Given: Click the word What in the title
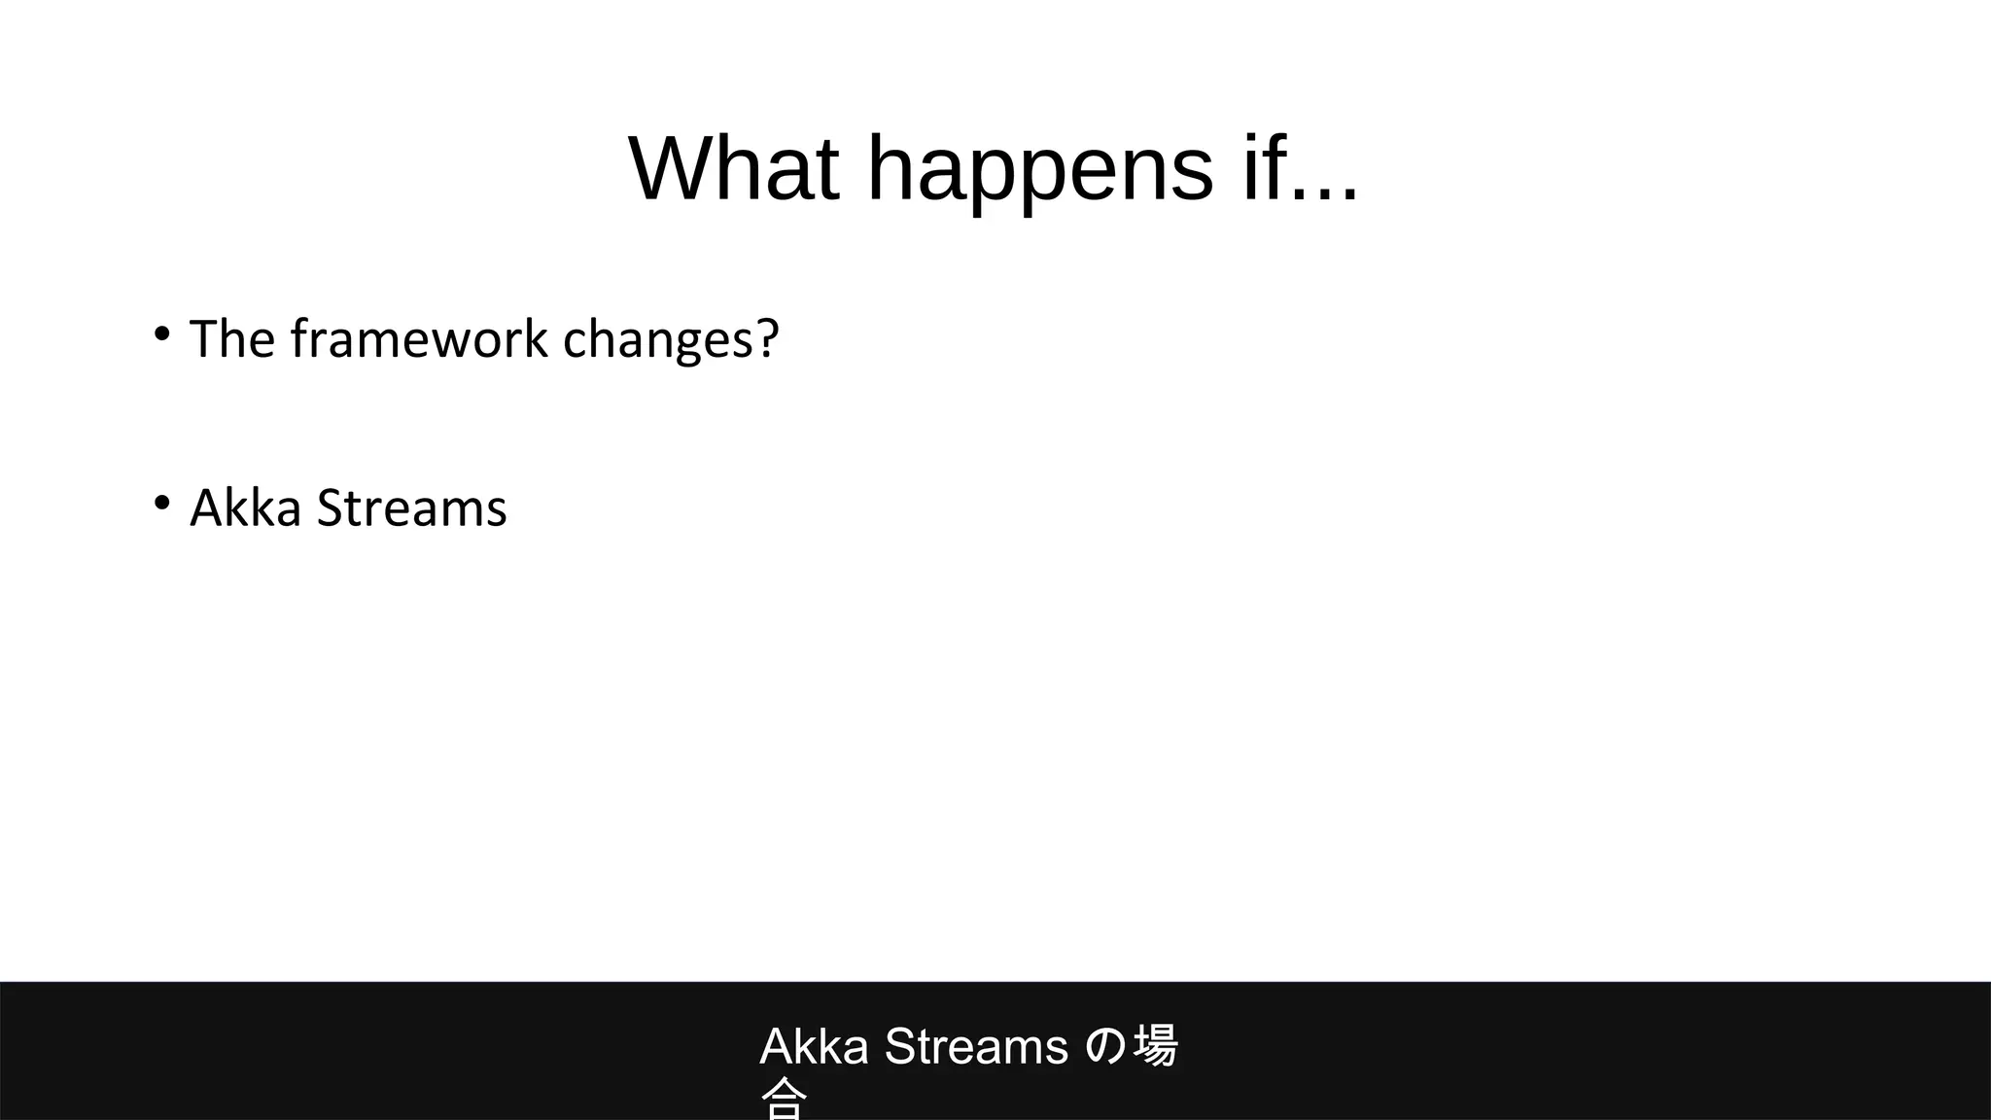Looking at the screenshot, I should [x=734, y=169].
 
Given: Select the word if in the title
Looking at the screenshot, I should [x=1262, y=169].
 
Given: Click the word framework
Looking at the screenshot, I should [x=419, y=339].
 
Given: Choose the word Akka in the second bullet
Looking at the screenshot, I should [x=245, y=508].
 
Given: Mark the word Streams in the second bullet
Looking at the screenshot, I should [x=411, y=508].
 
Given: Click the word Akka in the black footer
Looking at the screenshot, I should [x=814, y=1047].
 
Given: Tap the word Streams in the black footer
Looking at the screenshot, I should [x=976, y=1047].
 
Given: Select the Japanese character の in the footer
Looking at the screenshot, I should [x=1104, y=1047].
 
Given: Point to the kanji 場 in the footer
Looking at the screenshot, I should [x=1155, y=1046].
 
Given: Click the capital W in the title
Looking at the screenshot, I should [x=670, y=169].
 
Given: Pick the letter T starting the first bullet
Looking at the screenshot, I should [x=204, y=339].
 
